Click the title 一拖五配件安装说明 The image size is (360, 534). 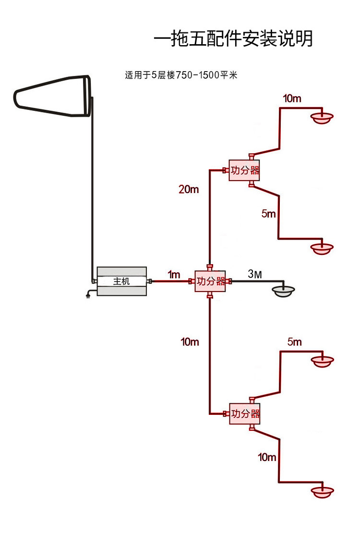(x=233, y=38)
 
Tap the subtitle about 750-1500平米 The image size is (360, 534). (x=180, y=75)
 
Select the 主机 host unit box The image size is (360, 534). (x=122, y=281)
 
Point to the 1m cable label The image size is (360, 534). (x=174, y=274)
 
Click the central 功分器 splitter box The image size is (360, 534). (x=210, y=281)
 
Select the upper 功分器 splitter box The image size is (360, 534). (x=244, y=170)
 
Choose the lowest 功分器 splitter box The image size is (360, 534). (x=245, y=413)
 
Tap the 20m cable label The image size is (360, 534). (x=189, y=189)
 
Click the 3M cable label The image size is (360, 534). (x=255, y=273)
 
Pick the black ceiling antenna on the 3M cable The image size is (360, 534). (x=283, y=291)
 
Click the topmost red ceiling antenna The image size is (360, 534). (x=322, y=118)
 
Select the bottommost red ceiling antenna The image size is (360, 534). (x=322, y=492)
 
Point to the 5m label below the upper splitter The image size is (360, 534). (x=268, y=214)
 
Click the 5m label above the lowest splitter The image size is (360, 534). (x=294, y=341)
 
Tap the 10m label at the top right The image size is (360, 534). (x=292, y=98)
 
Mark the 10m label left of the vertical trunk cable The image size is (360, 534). (x=190, y=341)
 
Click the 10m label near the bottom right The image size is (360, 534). (x=267, y=457)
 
